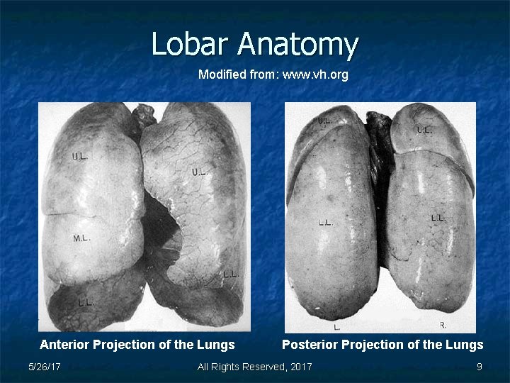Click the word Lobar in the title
click(191, 44)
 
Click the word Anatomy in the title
click(297, 45)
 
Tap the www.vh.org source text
click(315, 74)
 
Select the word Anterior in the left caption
click(64, 345)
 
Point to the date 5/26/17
click(44, 367)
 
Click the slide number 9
click(479, 367)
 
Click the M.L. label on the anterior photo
click(81, 239)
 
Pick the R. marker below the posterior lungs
click(443, 326)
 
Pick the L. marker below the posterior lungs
click(337, 327)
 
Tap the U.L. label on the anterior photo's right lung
click(199, 172)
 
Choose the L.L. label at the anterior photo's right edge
click(231, 274)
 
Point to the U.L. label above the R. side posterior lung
click(424, 131)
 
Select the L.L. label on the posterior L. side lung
click(326, 223)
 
